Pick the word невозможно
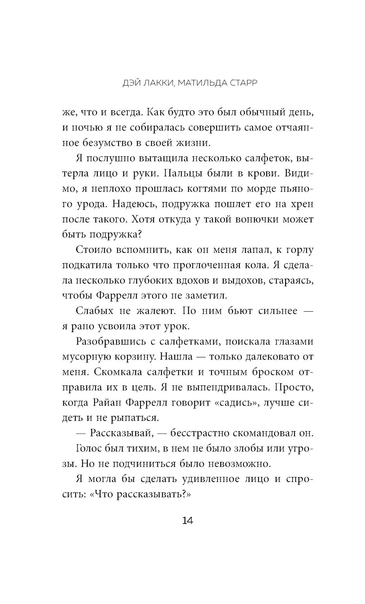click(x=239, y=464)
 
